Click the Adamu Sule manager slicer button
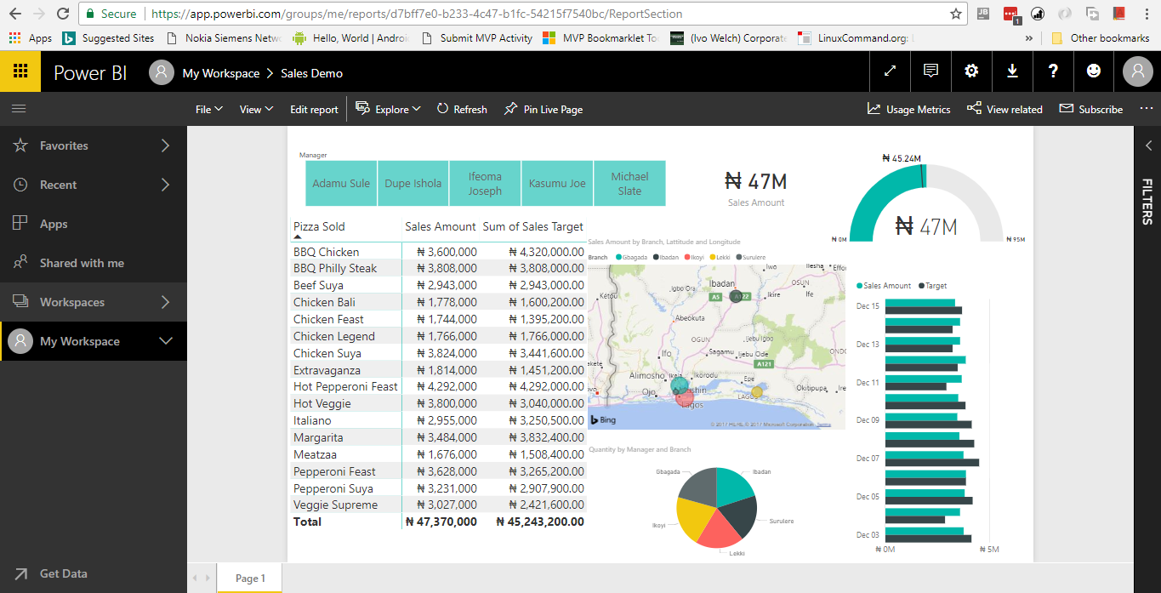click(x=341, y=183)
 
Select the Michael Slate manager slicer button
click(x=629, y=183)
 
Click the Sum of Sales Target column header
click(x=533, y=226)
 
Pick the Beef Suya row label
click(x=318, y=285)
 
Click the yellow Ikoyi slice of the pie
click(x=694, y=516)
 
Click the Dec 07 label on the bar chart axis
click(x=868, y=459)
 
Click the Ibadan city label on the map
click(x=722, y=284)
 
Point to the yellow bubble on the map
click(x=757, y=392)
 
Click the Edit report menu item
click(x=314, y=110)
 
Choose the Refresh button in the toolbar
click(x=462, y=110)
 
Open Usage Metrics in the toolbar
click(x=908, y=110)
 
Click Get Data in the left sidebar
click(x=63, y=573)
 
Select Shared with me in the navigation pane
click(x=82, y=263)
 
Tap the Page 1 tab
click(x=250, y=579)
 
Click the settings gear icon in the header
click(x=971, y=71)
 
